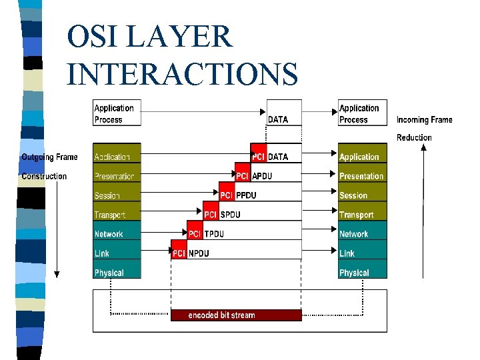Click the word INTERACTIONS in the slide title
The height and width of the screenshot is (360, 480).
pyautogui.click(x=182, y=73)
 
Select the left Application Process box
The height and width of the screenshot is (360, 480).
pyautogui.click(x=117, y=113)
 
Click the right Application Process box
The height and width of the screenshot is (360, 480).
pyautogui.click(x=362, y=113)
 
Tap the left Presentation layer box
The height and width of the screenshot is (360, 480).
pyautogui.click(x=117, y=176)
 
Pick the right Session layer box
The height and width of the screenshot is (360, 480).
pyautogui.click(x=362, y=195)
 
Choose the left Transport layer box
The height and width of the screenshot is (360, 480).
pyautogui.click(x=117, y=215)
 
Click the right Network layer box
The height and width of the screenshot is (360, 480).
pyautogui.click(x=362, y=234)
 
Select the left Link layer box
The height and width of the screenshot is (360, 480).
pyautogui.click(x=117, y=253)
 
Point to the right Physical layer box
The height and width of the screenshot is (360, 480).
pyautogui.click(x=362, y=272)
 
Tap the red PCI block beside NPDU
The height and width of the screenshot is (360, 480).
pyautogui.click(x=179, y=253)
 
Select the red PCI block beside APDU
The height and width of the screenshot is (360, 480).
pyautogui.click(x=243, y=176)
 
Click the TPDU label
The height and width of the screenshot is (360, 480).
pyautogui.click(x=213, y=234)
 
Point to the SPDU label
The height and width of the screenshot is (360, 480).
pyautogui.click(x=230, y=215)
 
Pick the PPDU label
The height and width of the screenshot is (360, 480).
pyautogui.click(x=245, y=195)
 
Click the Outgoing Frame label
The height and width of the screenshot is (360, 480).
pyautogui.click(x=49, y=157)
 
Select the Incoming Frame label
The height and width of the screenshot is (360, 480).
pyautogui.click(x=424, y=120)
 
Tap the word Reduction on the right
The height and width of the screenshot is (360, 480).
pyautogui.click(x=414, y=137)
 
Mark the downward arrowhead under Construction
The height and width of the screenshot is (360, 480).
pyautogui.click(x=57, y=273)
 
